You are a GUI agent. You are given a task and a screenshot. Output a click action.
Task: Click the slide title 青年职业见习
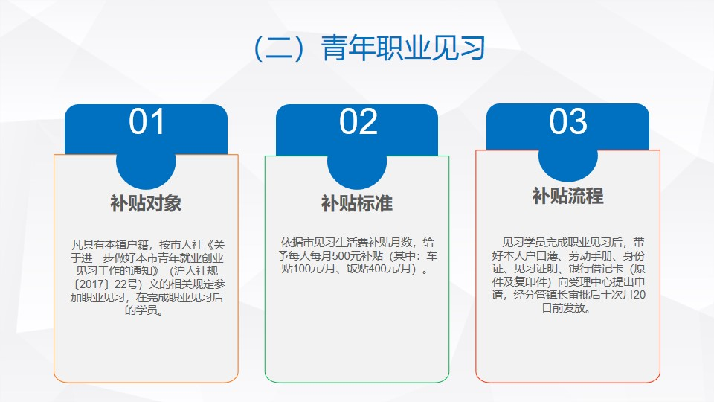click(403, 48)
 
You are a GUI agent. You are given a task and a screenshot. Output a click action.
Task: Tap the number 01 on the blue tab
click(147, 121)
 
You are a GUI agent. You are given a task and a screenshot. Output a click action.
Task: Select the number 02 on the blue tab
click(358, 121)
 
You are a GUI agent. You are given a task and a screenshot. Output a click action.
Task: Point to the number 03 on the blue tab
click(567, 121)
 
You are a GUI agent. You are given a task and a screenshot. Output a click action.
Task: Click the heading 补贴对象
click(146, 203)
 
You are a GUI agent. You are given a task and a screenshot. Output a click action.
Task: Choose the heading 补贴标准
click(357, 203)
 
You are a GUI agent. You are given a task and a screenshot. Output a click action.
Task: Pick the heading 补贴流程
click(567, 196)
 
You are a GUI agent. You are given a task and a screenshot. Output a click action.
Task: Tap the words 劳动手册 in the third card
click(590, 255)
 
